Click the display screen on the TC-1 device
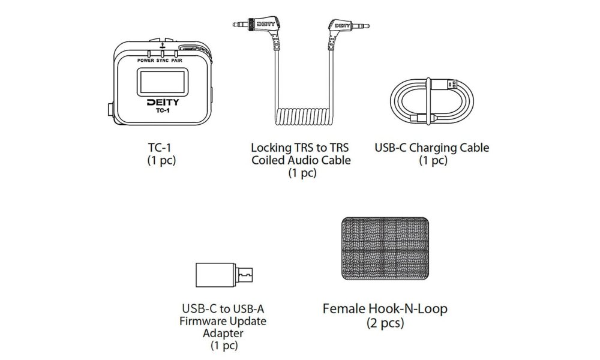pos(163,82)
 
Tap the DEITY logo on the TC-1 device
pos(163,102)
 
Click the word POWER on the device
pos(146,61)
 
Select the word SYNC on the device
pos(162,61)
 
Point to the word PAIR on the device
pos(177,61)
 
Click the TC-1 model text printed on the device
pos(163,110)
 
